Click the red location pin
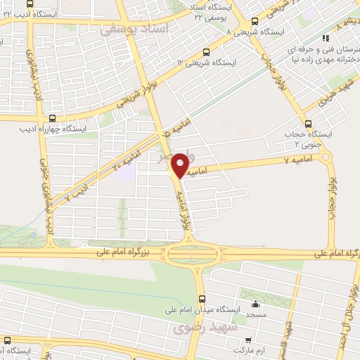pyautogui.click(x=180, y=165)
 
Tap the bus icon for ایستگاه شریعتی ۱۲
pyautogui.click(x=205, y=51)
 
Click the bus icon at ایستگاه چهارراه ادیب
pyautogui.click(x=51, y=117)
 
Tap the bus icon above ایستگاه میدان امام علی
pyautogui.click(x=202, y=297)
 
